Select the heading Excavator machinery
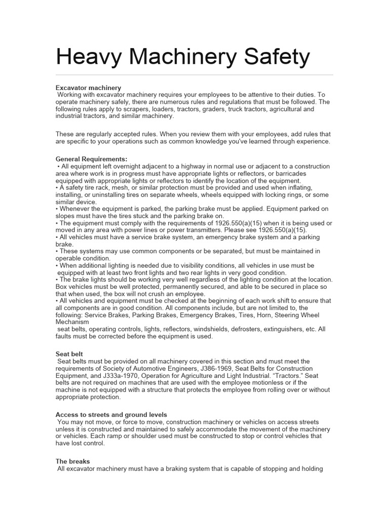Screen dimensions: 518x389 click(x=88, y=88)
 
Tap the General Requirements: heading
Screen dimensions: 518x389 click(x=91, y=159)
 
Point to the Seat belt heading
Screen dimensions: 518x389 click(x=69, y=354)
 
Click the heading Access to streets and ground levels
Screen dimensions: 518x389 click(x=111, y=415)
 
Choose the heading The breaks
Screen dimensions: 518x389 click(x=73, y=461)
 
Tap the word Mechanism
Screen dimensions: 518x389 click(x=72, y=322)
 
